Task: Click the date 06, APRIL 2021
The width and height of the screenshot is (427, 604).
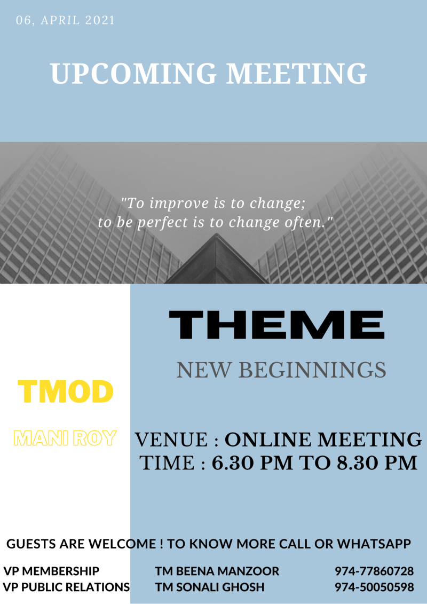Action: tap(66, 20)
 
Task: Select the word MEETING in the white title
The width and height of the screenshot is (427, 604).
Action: tap(296, 73)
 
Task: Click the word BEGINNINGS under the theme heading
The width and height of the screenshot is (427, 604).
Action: tap(312, 370)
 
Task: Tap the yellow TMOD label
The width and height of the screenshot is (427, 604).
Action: tap(66, 391)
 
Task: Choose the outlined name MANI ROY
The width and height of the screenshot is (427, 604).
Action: tap(65, 438)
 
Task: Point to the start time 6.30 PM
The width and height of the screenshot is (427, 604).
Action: tap(252, 463)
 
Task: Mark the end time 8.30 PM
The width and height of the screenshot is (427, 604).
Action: tap(377, 463)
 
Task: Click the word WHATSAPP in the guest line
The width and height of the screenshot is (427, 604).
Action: tap(374, 544)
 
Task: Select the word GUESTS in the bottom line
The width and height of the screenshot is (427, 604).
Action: tap(31, 544)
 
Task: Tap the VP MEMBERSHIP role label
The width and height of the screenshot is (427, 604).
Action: tap(51, 570)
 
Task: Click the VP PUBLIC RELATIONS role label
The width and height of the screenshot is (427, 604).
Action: tap(66, 587)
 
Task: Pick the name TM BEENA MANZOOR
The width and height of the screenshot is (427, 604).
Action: tap(217, 570)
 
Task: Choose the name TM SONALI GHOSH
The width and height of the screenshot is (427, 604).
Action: tap(210, 587)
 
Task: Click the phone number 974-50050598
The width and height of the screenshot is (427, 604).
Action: tap(374, 587)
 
